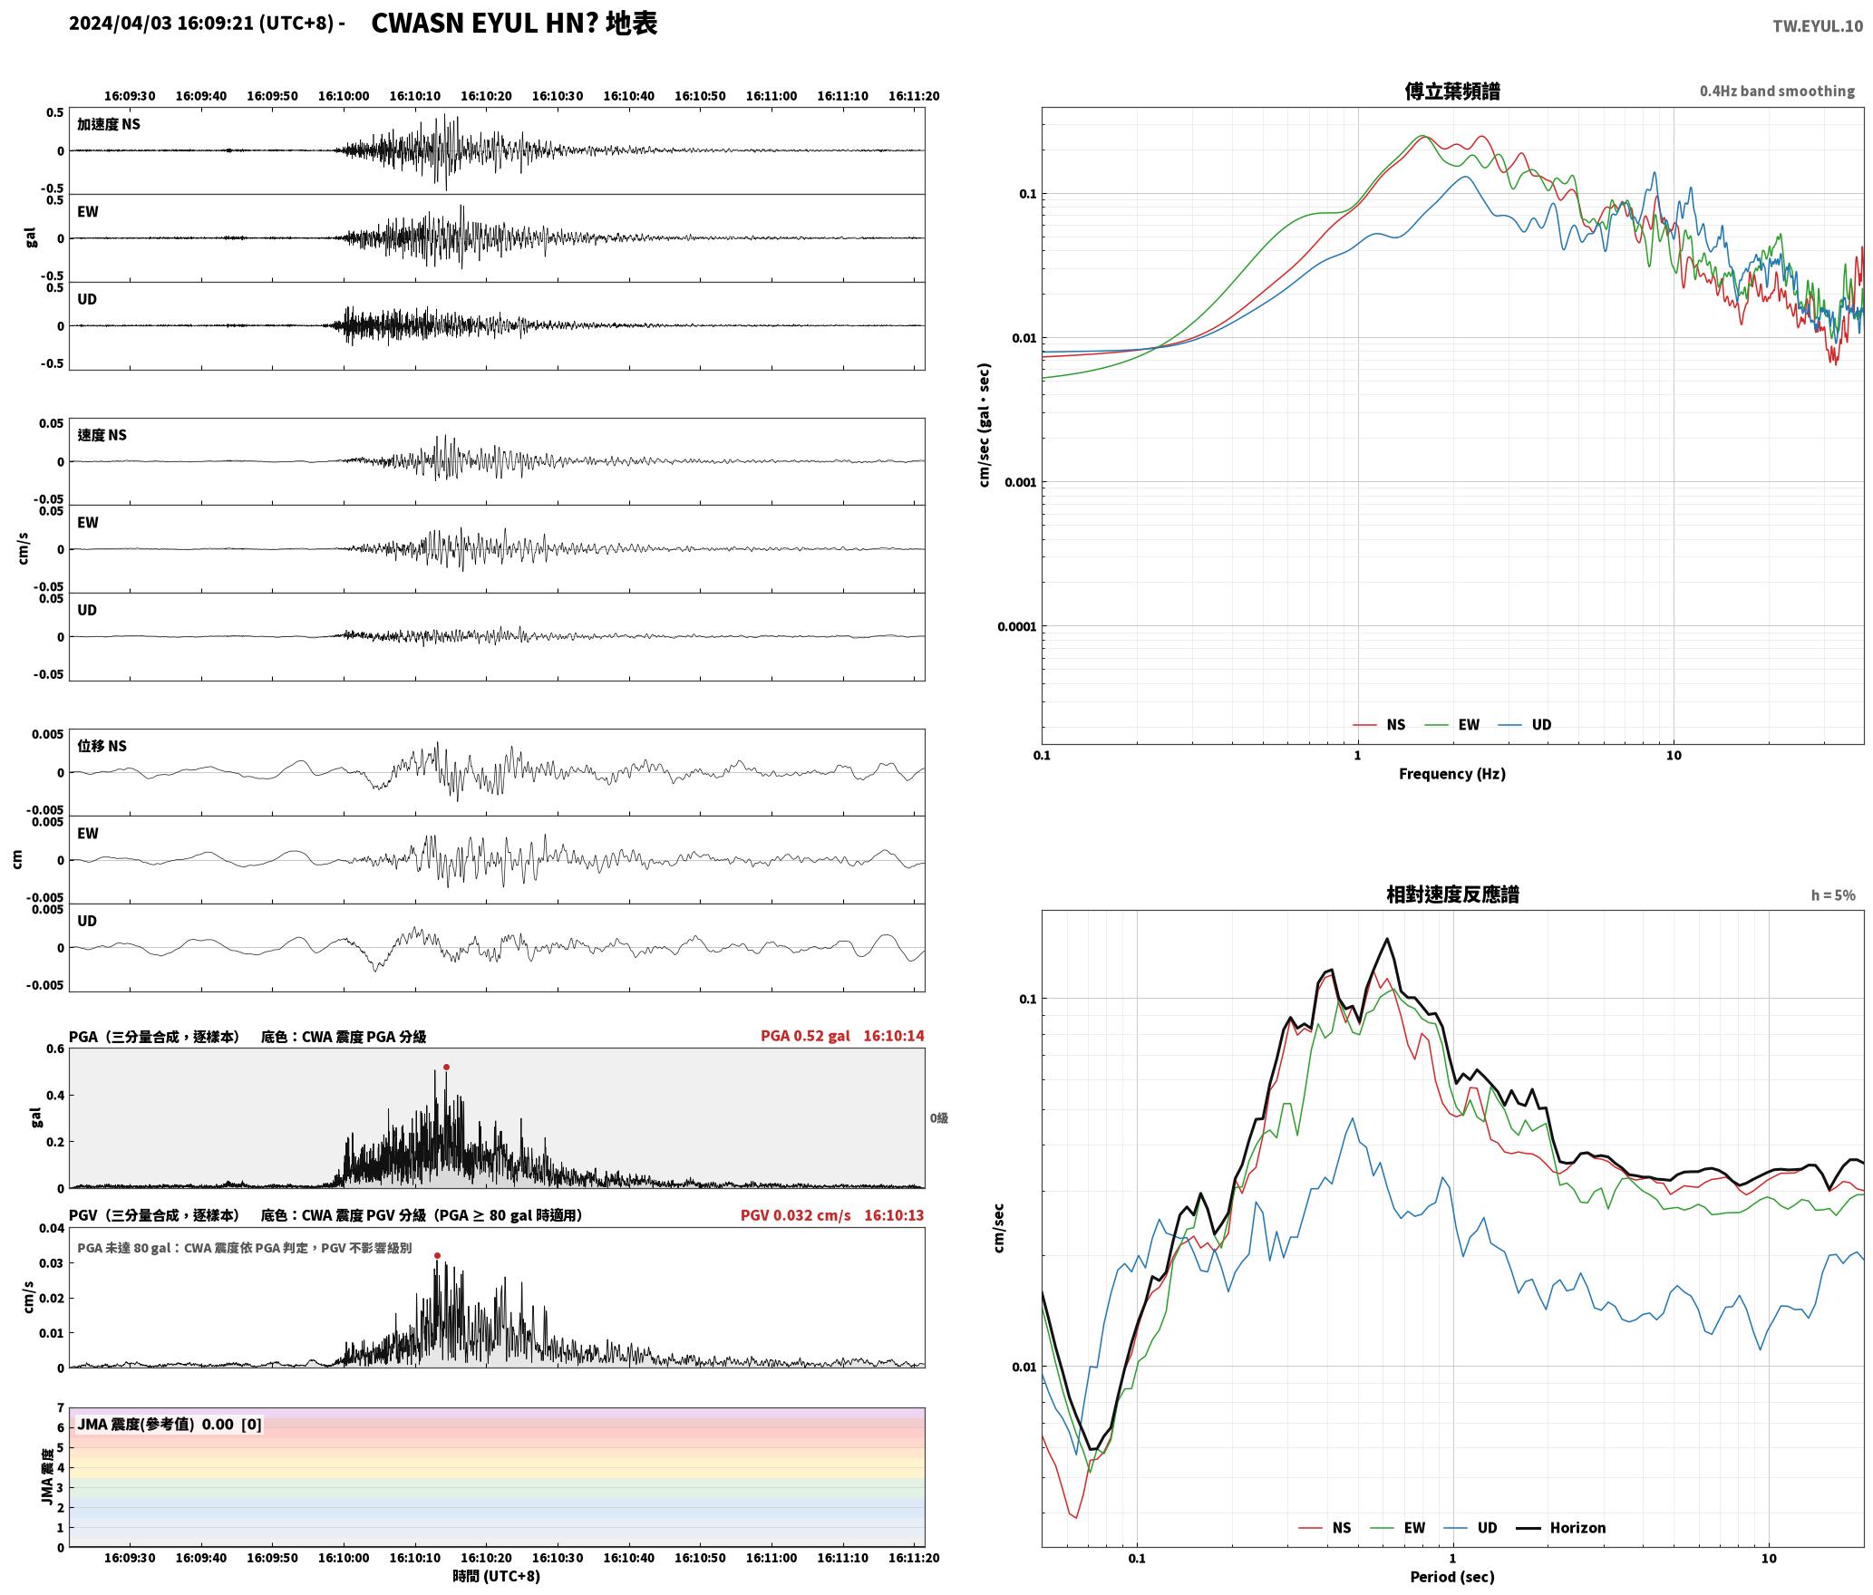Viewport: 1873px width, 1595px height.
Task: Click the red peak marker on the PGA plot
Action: (446, 1067)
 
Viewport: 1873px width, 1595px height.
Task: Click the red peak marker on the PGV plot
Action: (437, 1255)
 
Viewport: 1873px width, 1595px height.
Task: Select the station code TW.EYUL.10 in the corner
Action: (1818, 25)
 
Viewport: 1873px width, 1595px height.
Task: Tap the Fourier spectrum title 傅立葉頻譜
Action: (1451, 91)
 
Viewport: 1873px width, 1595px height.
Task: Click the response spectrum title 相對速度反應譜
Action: (1452, 894)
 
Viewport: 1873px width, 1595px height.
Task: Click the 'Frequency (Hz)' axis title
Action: (1451, 773)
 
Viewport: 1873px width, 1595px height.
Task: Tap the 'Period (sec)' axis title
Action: (1451, 1576)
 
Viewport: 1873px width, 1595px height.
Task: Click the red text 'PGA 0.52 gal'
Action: (805, 1036)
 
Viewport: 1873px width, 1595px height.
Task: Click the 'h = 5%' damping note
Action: (1833, 895)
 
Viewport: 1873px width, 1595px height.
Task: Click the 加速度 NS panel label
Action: (109, 124)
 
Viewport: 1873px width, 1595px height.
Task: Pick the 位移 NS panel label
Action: (102, 746)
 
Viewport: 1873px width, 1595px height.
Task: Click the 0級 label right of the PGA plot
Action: (938, 1118)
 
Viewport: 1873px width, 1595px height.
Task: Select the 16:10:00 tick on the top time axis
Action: (344, 95)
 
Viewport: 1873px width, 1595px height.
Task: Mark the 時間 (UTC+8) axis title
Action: (496, 1576)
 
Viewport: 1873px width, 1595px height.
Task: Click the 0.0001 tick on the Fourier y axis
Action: (1016, 626)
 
